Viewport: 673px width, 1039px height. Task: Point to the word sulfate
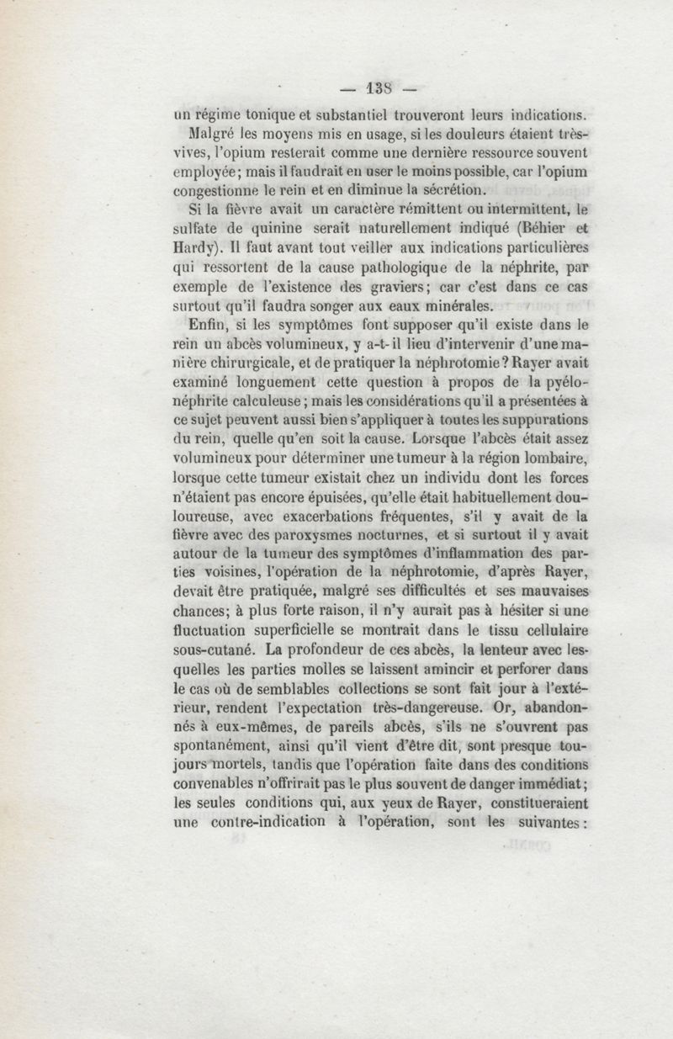[197, 231]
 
